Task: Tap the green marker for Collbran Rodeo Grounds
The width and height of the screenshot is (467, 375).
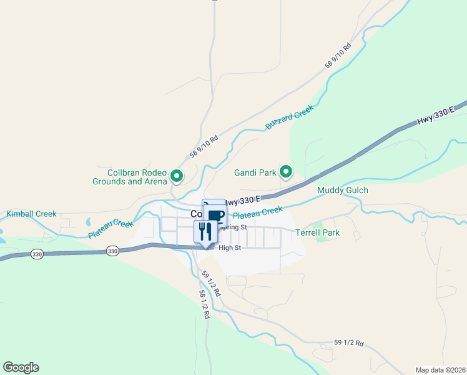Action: point(177,177)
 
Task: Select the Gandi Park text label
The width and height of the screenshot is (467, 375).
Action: point(255,172)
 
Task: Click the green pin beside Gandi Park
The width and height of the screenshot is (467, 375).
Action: point(286,171)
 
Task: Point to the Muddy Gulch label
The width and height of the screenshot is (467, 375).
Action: point(343,190)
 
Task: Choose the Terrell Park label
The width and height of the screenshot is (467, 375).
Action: point(317,232)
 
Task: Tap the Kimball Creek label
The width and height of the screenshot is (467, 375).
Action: point(31,214)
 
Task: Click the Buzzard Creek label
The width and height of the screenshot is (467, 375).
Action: point(289,117)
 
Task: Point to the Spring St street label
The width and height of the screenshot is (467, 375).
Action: point(234,227)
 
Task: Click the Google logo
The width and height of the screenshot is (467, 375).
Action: point(21,367)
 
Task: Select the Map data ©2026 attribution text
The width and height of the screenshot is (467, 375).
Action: point(440,369)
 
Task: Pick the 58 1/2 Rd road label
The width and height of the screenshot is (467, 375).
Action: point(204,304)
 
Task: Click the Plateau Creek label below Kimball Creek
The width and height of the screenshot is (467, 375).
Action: point(111,228)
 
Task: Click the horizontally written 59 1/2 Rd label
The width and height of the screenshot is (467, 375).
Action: point(349,342)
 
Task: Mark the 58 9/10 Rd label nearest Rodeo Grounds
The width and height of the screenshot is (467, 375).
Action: point(204,147)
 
